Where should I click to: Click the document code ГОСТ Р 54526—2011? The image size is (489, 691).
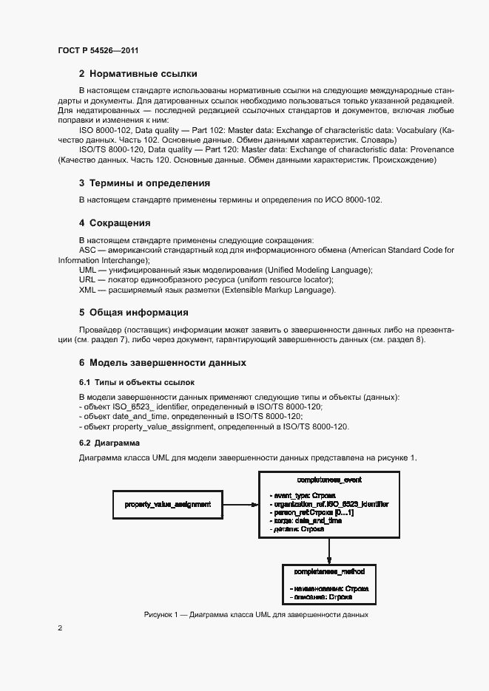pos(98,50)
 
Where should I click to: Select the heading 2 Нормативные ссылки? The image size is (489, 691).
pos(138,74)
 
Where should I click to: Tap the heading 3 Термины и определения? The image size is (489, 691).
pos(145,183)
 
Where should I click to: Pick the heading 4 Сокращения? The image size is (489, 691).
pos(115,222)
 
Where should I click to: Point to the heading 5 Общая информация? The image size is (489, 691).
pos(133,312)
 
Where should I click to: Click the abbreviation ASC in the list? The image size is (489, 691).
pos(87,251)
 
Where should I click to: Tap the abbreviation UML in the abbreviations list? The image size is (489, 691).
pos(88,270)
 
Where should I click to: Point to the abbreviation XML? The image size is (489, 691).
pos(88,290)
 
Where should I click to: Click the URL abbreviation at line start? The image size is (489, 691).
pos(88,280)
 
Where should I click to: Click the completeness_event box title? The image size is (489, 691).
pos(328,480)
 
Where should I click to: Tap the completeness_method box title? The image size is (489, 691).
pos(329,572)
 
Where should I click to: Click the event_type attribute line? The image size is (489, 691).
pos(303,494)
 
